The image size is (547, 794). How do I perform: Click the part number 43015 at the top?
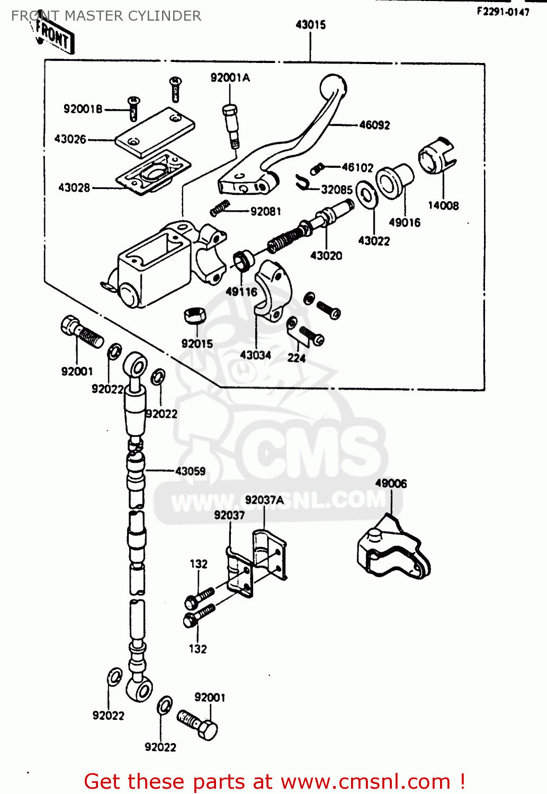click(310, 24)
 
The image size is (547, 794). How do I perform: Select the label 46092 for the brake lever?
click(374, 125)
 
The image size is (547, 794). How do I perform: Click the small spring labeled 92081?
click(220, 207)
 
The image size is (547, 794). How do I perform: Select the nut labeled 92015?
click(194, 315)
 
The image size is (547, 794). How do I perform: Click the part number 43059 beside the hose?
click(190, 471)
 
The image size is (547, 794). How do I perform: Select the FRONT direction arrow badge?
click(54, 36)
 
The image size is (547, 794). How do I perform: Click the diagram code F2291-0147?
click(503, 12)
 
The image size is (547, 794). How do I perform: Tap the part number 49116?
click(241, 292)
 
